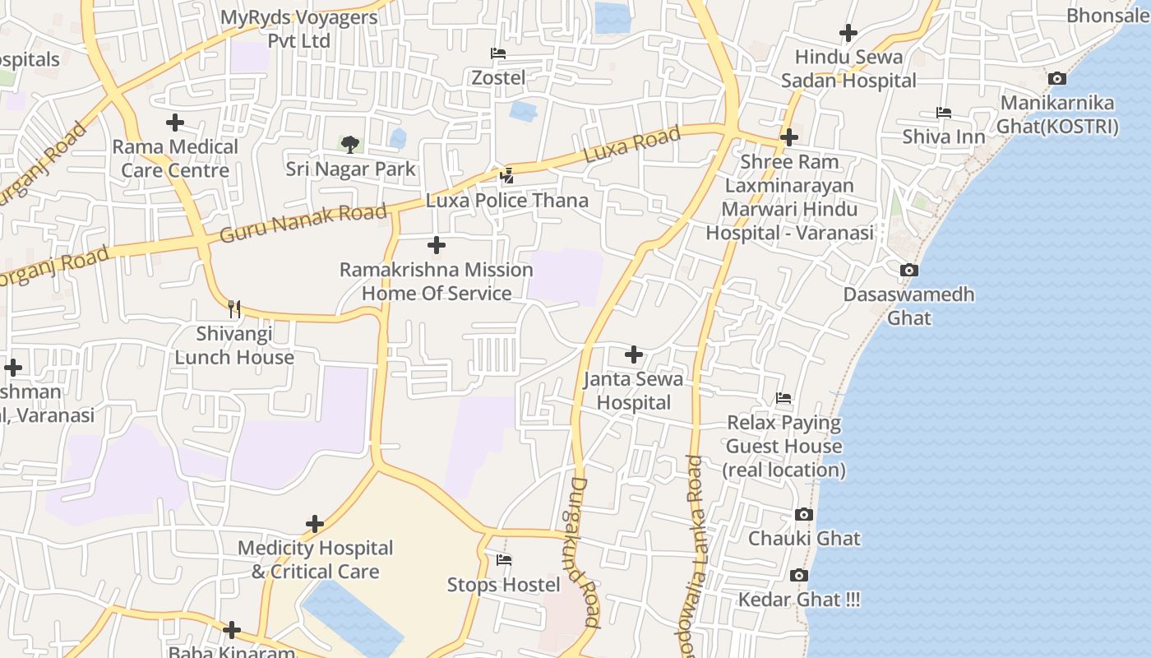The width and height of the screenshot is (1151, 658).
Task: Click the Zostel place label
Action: [x=498, y=77]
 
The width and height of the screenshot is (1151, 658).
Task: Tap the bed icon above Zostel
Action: [x=497, y=53]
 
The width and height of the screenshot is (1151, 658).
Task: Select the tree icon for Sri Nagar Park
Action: [x=350, y=145]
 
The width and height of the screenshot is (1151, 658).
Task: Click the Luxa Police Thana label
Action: [x=507, y=200]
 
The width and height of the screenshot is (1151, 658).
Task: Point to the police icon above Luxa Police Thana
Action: [x=507, y=175]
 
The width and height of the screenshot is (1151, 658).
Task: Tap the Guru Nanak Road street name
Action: [x=303, y=224]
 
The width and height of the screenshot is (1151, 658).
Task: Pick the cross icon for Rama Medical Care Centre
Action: [x=175, y=123]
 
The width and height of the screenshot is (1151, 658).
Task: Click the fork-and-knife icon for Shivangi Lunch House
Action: [x=234, y=309]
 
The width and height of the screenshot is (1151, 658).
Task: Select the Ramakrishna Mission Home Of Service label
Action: [x=437, y=281]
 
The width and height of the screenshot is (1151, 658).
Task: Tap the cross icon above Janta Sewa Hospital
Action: [x=634, y=354]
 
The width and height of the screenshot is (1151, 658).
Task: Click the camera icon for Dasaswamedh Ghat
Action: [x=909, y=270]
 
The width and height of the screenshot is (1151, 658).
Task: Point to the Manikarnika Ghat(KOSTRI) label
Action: [x=1057, y=114]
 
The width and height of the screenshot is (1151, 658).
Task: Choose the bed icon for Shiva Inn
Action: [x=944, y=112]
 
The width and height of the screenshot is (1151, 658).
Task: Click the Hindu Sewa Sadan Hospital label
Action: [x=848, y=69]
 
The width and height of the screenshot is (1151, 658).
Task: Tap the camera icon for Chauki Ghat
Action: [x=804, y=515]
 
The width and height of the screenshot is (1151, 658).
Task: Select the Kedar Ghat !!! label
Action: [x=799, y=599]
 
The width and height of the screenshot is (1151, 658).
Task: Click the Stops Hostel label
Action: [x=504, y=585]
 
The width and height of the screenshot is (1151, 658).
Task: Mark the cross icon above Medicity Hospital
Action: [x=315, y=524]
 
